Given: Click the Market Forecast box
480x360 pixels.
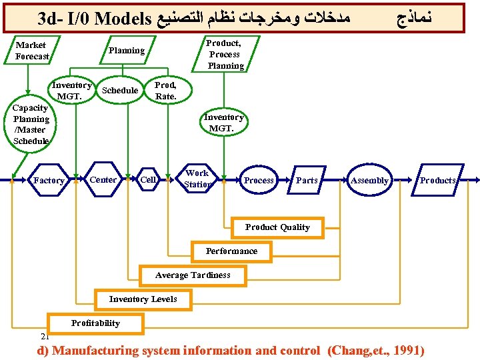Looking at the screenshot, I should click(x=32, y=51).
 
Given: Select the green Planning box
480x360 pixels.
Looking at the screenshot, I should click(x=127, y=51).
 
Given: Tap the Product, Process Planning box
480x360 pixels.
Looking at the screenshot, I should click(x=225, y=54).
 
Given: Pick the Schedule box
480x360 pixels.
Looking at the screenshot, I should click(x=120, y=91).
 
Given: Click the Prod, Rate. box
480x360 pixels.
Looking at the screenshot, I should click(x=165, y=91).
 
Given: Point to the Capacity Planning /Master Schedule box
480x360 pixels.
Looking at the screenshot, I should click(x=31, y=125).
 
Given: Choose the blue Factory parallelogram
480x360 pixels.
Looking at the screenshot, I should click(x=49, y=180).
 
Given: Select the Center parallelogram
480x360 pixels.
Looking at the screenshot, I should click(x=103, y=179).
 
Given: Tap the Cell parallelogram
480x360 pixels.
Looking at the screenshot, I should click(x=148, y=179).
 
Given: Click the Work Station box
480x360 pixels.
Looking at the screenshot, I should click(x=197, y=179).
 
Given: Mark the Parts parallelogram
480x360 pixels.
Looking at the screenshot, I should click(x=307, y=180).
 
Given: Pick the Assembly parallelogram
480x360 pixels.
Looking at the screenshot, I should click(x=369, y=180).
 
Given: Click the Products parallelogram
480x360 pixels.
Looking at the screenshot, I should click(x=437, y=180).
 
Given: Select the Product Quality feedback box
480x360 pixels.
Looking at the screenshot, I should click(x=277, y=227).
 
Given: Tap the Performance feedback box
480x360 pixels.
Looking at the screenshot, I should click(x=231, y=251).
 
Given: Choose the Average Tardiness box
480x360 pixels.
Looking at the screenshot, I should click(x=193, y=275).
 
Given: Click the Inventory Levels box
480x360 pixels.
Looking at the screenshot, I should click(x=143, y=299).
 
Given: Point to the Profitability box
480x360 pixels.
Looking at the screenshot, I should click(x=96, y=323).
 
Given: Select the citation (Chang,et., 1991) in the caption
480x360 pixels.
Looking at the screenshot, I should click(x=375, y=351).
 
